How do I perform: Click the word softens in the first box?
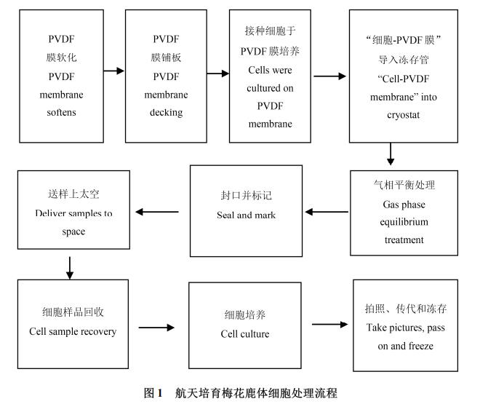pyautogui.click(x=62, y=113)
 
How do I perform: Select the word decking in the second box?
pyautogui.click(x=166, y=113)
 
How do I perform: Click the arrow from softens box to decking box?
pyautogui.click(x=113, y=71)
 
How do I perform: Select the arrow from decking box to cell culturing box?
pyautogui.click(x=217, y=74)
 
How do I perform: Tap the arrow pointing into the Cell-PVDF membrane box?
pyautogui.click(x=329, y=75)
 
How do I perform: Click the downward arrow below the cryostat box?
pyautogui.click(x=391, y=154)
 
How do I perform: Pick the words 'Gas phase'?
pyautogui.click(x=404, y=205)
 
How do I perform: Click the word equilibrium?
pyautogui.click(x=404, y=222)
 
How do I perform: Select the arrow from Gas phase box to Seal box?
pyautogui.click(x=326, y=212)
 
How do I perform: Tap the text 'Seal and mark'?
pyautogui.click(x=246, y=215)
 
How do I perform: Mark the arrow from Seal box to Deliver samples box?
pyautogui.click(x=157, y=212)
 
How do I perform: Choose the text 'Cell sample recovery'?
pyautogui.click(x=73, y=331)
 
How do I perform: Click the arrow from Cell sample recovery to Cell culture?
pyautogui.click(x=156, y=328)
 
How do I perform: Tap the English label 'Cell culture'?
pyautogui.click(x=245, y=334)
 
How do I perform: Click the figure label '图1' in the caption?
pyautogui.click(x=153, y=393)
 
